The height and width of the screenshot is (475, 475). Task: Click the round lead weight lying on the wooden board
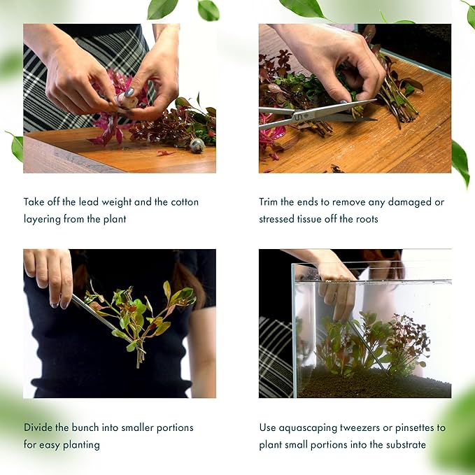pyautogui.click(x=197, y=146)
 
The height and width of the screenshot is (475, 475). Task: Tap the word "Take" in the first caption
pyautogui.click(x=35, y=201)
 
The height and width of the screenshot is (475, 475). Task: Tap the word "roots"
pyautogui.click(x=364, y=219)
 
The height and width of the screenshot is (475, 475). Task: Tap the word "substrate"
pyautogui.click(x=403, y=444)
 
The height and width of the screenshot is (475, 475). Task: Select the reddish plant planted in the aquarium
pyautogui.click(x=406, y=343)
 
